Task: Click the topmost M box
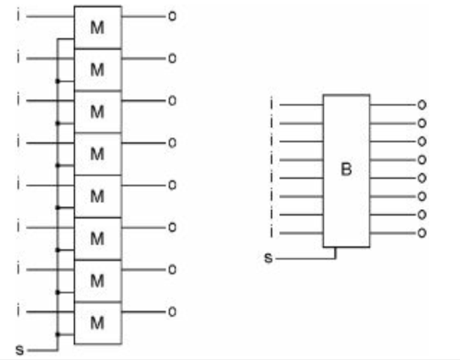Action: [x=97, y=27]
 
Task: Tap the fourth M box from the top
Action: [x=97, y=153]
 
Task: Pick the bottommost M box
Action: [x=97, y=321]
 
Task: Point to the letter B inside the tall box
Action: [x=346, y=169]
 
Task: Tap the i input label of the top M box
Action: [x=18, y=14]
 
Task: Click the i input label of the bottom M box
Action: [x=18, y=311]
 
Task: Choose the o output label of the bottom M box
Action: [x=172, y=312]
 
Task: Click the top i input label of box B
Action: [x=272, y=104]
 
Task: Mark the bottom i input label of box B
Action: [x=272, y=233]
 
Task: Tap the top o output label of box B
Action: [x=421, y=105]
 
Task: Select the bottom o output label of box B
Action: [x=421, y=233]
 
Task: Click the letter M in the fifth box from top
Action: [x=97, y=196]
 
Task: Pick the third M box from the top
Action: [x=97, y=111]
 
